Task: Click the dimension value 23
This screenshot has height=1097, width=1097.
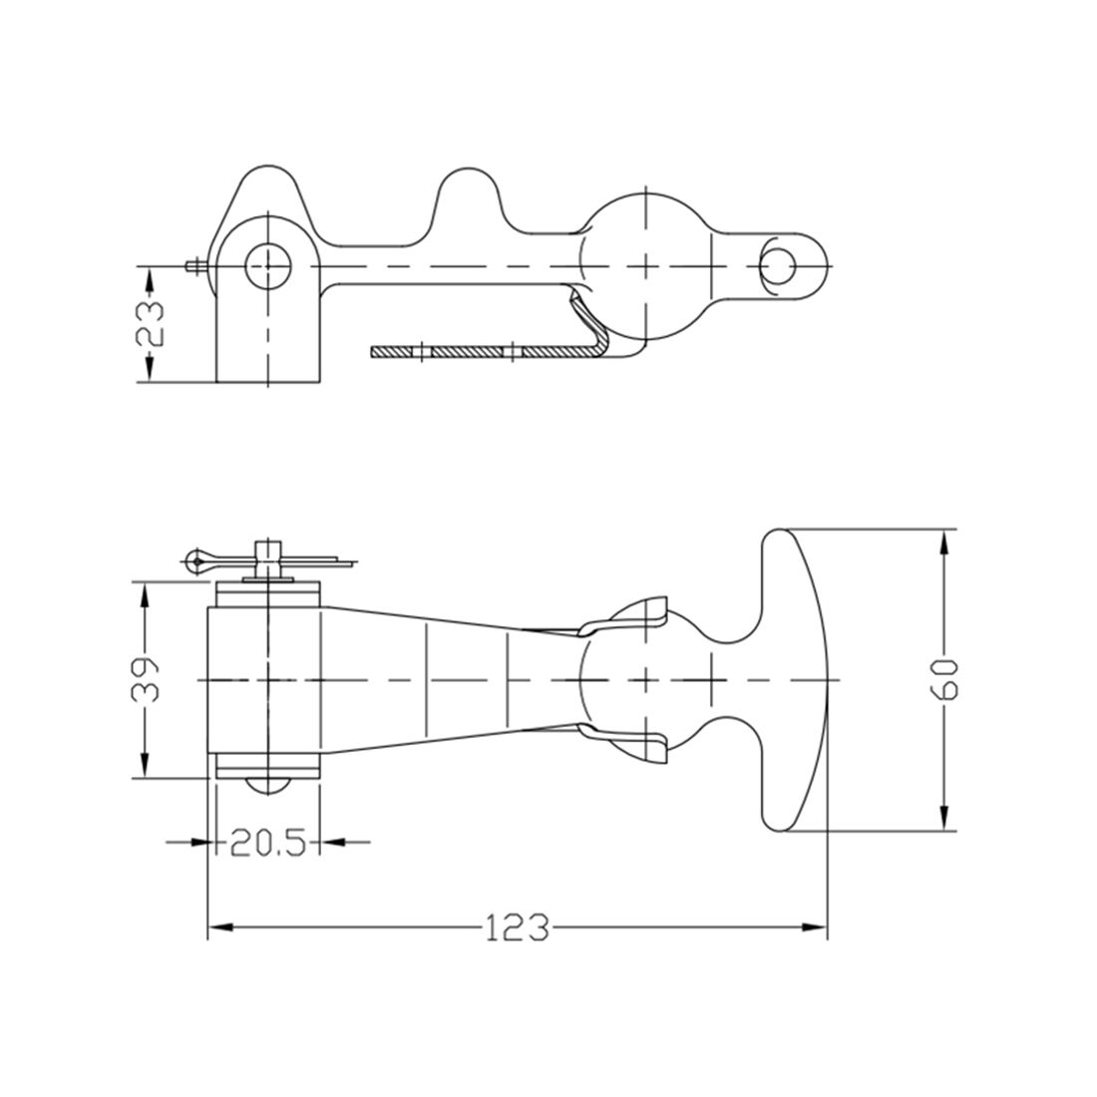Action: pyautogui.click(x=150, y=323)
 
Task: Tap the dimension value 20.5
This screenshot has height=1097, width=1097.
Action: pyautogui.click(x=266, y=843)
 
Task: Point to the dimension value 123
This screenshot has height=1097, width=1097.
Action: pyautogui.click(x=517, y=928)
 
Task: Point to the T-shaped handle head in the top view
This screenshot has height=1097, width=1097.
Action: pyautogui.click(x=793, y=679)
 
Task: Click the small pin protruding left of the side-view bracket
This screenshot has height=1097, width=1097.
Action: pyautogui.click(x=194, y=266)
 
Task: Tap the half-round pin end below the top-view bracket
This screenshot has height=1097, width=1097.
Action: pyautogui.click(x=267, y=787)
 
